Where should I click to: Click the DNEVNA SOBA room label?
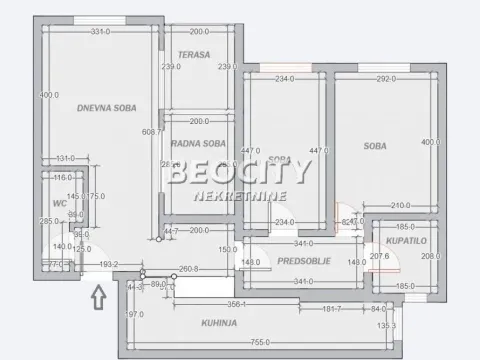click(107, 107)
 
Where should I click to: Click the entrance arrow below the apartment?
click(97, 296)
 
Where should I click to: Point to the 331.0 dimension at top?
click(97, 32)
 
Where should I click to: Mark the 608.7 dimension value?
click(152, 132)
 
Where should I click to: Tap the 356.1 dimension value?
click(237, 303)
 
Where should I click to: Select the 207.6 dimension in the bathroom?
click(379, 257)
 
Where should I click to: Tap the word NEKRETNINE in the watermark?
click(241, 197)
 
